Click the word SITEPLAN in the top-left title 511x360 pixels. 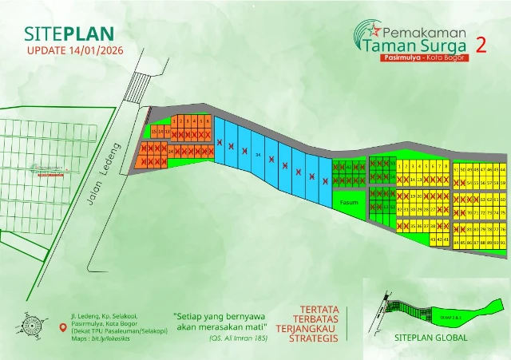click(x=69, y=34)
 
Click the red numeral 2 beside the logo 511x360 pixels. click(x=481, y=44)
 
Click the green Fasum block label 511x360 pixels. click(x=349, y=203)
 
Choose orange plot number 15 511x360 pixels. click(x=154, y=131)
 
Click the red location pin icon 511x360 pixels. click(x=64, y=327)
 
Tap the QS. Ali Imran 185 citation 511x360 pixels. click(x=237, y=338)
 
